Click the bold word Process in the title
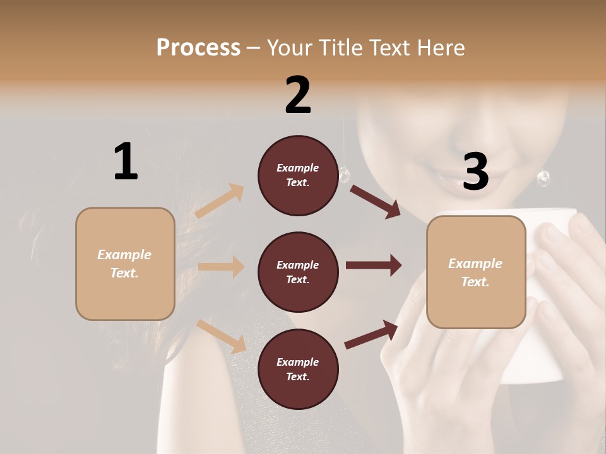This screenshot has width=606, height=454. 198,47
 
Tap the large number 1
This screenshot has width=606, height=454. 126,161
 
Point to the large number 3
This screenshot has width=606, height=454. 475,172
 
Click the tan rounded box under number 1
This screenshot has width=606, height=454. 125,264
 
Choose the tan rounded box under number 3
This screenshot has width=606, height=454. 476,272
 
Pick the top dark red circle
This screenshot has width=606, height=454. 298,175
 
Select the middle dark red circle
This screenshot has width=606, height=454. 298,272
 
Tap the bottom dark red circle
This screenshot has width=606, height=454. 298,369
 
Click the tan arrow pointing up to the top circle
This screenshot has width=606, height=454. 220,201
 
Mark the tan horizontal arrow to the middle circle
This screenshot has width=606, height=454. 221,267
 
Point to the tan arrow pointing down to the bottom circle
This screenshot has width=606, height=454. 222,336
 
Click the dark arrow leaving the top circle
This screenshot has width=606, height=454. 375,201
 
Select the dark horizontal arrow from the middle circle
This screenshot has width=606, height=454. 373,265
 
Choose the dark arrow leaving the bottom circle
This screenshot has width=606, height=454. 372,334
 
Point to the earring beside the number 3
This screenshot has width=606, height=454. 543,178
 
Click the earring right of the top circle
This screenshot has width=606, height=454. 344,175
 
